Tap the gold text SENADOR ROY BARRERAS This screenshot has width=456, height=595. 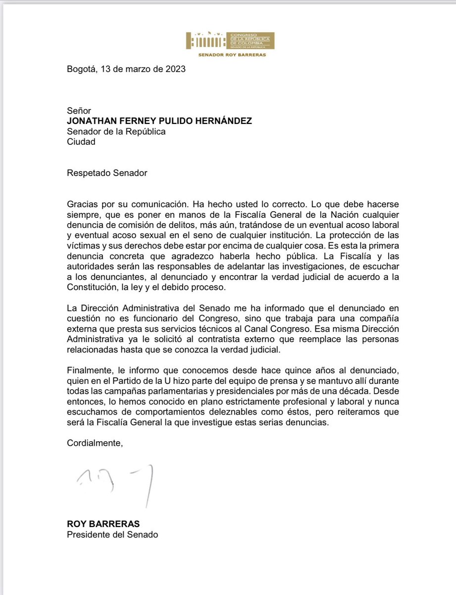[232, 55]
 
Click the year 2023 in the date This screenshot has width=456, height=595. [175, 69]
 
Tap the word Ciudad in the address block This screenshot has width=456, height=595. [81, 142]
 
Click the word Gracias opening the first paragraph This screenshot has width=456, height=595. [83, 205]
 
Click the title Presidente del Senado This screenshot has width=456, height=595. [112, 535]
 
